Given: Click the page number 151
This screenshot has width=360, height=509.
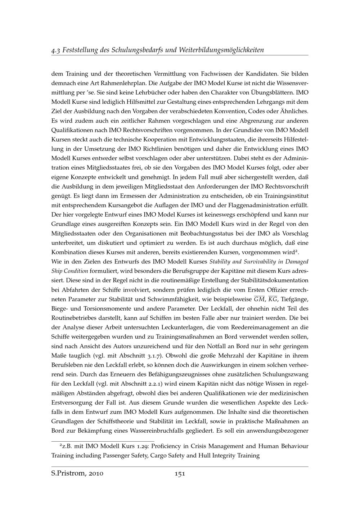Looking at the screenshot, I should pos(180,474).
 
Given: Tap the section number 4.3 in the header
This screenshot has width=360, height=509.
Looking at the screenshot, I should pos(56,50).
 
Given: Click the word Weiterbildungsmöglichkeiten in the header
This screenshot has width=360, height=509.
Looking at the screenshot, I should pos(221,50).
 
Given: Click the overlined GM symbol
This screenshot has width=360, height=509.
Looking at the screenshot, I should pos(259,299).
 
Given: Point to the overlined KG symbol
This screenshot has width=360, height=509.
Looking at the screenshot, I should pos(273,299).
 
